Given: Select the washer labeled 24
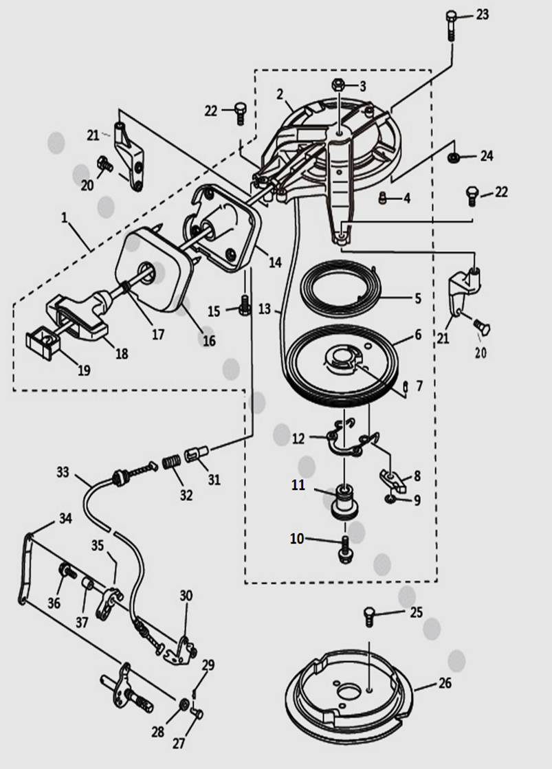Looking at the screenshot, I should click(453, 158).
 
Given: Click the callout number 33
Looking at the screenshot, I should click(63, 473).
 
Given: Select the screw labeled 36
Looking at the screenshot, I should click(67, 570).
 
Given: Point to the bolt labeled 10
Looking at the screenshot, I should click(344, 548).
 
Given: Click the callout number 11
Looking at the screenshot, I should click(298, 485).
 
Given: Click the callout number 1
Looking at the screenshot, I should click(64, 219).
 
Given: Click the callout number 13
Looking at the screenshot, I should click(265, 309).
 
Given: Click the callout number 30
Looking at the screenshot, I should click(186, 595).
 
